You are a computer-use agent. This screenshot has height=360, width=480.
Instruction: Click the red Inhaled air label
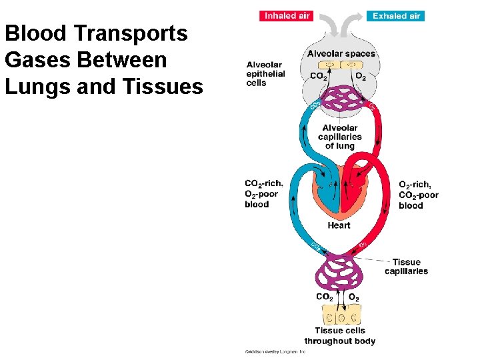(x=285, y=16)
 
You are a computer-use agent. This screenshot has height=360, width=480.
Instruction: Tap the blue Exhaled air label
(x=395, y=16)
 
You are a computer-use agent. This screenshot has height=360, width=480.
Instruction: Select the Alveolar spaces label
(x=341, y=53)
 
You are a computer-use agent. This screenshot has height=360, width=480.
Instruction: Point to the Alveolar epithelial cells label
(x=265, y=73)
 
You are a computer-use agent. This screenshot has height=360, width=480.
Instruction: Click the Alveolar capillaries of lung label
(x=339, y=137)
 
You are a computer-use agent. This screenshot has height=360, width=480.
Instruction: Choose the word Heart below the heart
(x=339, y=225)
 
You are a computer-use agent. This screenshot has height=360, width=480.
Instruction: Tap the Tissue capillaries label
(x=406, y=267)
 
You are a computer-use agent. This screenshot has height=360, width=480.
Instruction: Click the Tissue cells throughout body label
(x=340, y=335)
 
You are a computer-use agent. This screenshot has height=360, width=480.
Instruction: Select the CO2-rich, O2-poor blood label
(x=264, y=193)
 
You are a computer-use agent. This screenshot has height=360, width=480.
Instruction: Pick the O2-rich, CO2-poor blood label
(x=419, y=195)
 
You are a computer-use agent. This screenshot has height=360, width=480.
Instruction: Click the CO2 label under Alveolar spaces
(x=319, y=76)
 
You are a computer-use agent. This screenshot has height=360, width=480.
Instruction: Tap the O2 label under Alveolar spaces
(x=361, y=76)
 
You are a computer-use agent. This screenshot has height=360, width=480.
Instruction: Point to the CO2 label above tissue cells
(x=325, y=297)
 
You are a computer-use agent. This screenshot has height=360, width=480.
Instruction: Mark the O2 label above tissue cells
(x=354, y=297)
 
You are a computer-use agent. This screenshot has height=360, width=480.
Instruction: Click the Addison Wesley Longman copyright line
(x=275, y=351)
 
